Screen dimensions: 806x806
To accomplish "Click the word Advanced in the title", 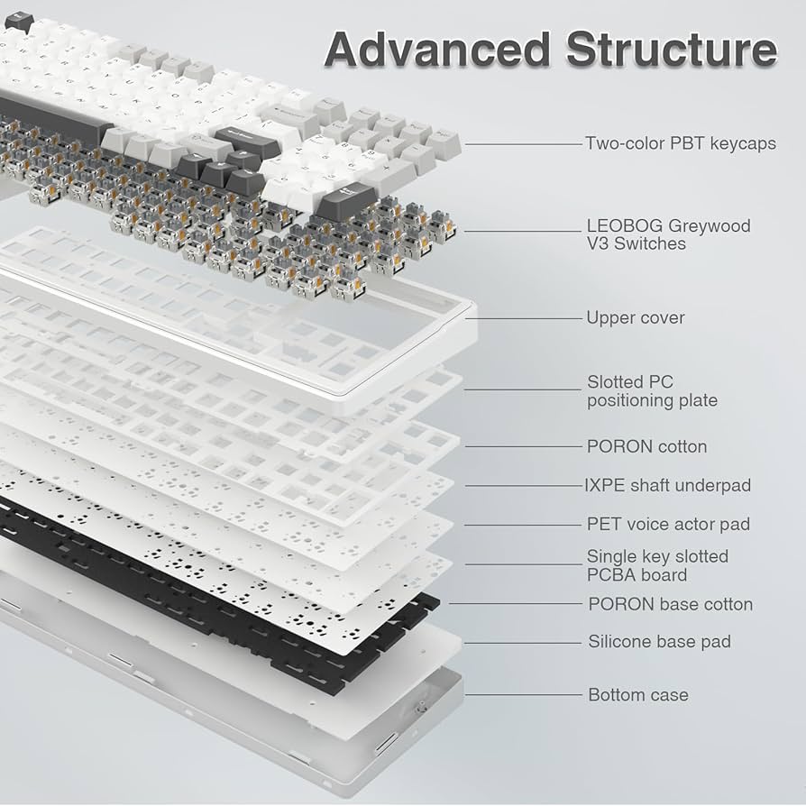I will pos(437,50).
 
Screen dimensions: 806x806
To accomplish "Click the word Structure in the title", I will pos(671,50).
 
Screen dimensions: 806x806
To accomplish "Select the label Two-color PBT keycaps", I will pos(680,143).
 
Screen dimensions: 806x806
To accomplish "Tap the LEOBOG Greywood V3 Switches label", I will pos(668,234).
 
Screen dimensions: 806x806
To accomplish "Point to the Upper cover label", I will pos(635,317).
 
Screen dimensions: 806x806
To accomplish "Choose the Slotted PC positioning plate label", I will pos(652,391).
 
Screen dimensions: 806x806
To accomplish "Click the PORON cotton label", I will pos(646,446).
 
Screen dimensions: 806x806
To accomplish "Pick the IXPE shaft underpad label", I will pos(667,485).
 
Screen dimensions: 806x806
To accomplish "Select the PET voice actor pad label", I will pos(668,524).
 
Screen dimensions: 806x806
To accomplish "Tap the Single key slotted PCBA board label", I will pos(657,565).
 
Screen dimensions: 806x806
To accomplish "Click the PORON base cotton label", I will pos(670,604).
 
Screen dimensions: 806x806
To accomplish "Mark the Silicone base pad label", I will pos(659,642).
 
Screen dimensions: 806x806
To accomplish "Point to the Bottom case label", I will pos(637,695).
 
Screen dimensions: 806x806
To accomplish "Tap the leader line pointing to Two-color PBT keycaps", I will pos(523,143).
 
